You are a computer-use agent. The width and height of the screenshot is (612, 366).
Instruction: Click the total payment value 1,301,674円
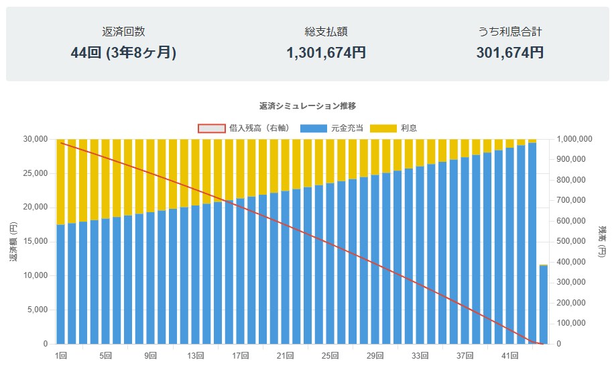pyautogui.click(x=326, y=52)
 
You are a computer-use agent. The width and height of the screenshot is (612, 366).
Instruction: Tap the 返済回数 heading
pyautogui.click(x=123, y=32)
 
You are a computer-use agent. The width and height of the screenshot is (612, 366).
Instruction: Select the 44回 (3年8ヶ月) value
pyautogui.click(x=123, y=52)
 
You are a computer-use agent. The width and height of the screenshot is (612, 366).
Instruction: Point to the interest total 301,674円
pyautogui.click(x=510, y=52)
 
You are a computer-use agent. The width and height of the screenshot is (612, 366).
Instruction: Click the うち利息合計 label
pyautogui.click(x=510, y=32)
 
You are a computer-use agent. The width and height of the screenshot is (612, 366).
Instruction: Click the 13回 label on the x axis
pyautogui.click(x=196, y=355)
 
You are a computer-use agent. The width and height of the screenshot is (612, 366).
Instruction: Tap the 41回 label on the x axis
pyautogui.click(x=510, y=355)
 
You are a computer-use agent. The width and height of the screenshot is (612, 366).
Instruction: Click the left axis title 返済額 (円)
pyautogui.click(x=13, y=241)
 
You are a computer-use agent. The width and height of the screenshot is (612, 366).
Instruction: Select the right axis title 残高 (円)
pyautogui.click(x=601, y=241)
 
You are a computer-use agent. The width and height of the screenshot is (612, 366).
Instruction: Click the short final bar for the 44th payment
pyautogui.click(x=544, y=306)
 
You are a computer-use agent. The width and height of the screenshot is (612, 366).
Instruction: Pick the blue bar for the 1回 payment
pyautogui.click(x=61, y=285)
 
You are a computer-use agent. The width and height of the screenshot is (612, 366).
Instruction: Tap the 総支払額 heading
pyautogui.click(x=326, y=32)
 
